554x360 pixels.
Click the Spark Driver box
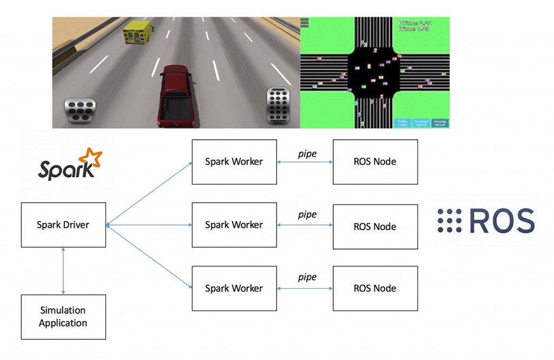tap(63, 225)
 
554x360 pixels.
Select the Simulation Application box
tap(63, 317)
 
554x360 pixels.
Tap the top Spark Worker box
tap(234, 161)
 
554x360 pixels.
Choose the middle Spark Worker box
tap(234, 225)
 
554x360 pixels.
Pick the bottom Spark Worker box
tap(234, 289)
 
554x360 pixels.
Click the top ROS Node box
tap(375, 161)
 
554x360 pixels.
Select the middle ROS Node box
tap(375, 226)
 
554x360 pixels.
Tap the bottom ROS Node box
tap(375, 289)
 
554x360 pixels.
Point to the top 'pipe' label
tap(307, 154)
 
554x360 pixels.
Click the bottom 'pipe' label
tap(307, 277)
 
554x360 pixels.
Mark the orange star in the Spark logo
tap(90, 159)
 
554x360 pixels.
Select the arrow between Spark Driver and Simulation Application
tap(64, 271)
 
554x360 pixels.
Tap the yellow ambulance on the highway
tap(137, 32)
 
